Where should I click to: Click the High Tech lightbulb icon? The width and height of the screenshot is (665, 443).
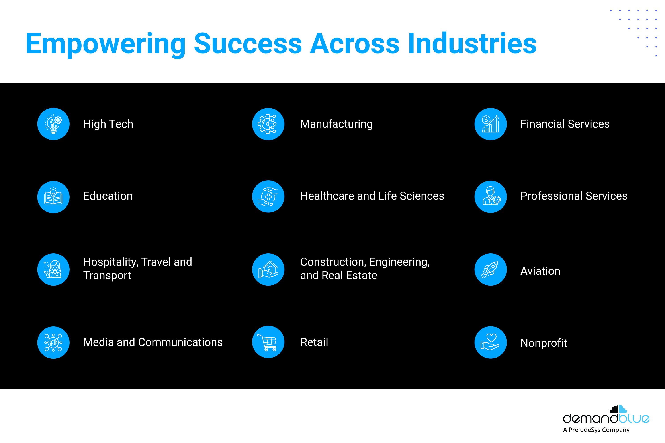[53, 124]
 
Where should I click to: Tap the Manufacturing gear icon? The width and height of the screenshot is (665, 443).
[268, 124]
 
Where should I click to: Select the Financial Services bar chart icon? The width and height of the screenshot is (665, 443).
[491, 124]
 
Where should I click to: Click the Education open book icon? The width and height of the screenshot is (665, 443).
[53, 197]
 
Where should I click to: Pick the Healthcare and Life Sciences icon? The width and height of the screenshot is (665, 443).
[268, 196]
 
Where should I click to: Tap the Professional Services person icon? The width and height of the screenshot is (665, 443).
[491, 197]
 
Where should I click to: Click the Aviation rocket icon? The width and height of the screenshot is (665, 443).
[491, 270]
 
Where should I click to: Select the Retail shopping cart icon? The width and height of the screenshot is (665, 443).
[268, 342]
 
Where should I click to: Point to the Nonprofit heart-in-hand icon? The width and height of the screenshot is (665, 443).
[491, 342]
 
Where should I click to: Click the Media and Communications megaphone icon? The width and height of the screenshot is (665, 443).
[53, 342]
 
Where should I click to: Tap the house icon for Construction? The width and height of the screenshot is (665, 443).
[268, 270]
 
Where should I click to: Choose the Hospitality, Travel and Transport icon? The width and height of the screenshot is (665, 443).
[53, 270]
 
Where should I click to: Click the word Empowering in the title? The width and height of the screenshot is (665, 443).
[106, 44]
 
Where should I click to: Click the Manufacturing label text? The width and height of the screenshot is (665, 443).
[336, 124]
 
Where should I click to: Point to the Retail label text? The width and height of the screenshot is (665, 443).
[314, 342]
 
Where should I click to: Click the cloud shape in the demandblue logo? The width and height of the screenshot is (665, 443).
[618, 409]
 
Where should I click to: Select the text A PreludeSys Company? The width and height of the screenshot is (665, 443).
[596, 430]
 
